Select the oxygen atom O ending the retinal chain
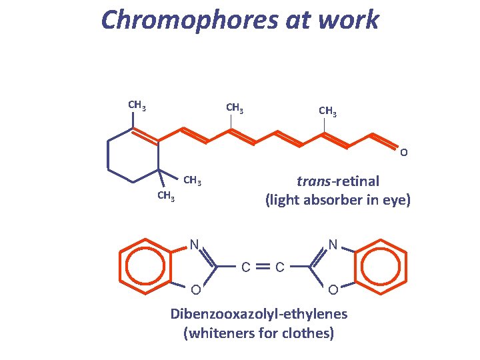[x=404, y=153]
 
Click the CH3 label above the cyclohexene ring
[x=137, y=105]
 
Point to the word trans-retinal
[x=338, y=181]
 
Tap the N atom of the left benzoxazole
[x=194, y=244]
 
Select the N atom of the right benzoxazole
[x=333, y=244]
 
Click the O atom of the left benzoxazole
[x=194, y=289]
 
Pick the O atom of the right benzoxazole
[x=333, y=289]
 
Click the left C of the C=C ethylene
[x=245, y=267]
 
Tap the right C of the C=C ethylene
[x=281, y=267]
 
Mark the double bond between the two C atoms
[x=263, y=267]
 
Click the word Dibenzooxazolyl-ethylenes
[x=259, y=313]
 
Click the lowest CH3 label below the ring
[x=166, y=196]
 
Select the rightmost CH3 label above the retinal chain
[x=327, y=111]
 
